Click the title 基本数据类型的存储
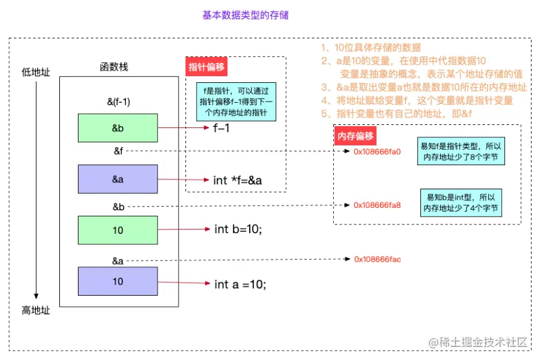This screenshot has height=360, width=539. (x=245, y=15)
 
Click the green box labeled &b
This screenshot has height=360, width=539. (x=118, y=129)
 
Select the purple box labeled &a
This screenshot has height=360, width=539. (x=118, y=179)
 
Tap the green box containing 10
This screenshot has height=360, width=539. (x=118, y=230)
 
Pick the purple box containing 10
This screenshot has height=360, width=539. (x=118, y=281)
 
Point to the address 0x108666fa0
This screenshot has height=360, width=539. (x=377, y=151)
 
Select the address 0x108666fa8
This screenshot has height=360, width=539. (x=377, y=205)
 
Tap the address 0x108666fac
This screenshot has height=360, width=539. (x=377, y=259)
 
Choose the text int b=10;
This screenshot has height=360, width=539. (x=238, y=229)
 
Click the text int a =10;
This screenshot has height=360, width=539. (x=240, y=285)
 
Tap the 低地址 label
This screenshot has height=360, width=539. (x=35, y=72)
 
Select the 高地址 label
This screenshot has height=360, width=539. (x=35, y=311)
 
